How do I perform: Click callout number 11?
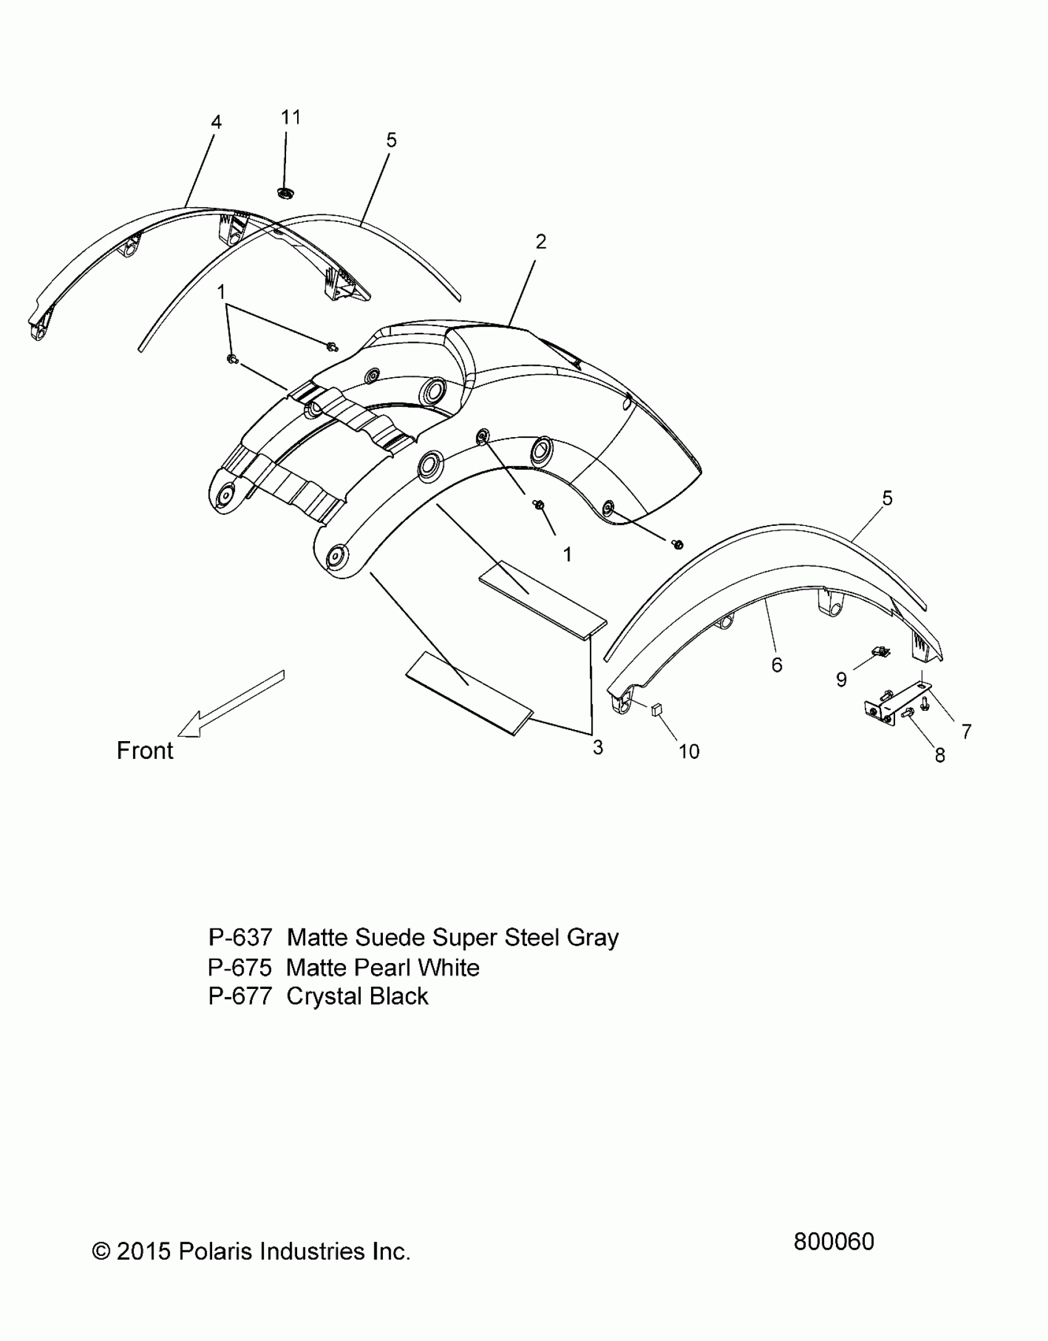pyautogui.click(x=290, y=117)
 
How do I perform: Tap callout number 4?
pyautogui.click(x=216, y=123)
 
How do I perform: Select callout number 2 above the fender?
pyautogui.click(x=541, y=242)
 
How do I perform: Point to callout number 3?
pyautogui.click(x=597, y=748)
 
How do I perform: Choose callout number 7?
pyautogui.click(x=966, y=731)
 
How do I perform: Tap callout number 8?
pyautogui.click(x=940, y=755)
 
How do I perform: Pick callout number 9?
pyautogui.click(x=841, y=679)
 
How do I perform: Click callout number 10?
pyautogui.click(x=689, y=752)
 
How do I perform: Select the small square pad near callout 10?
pyautogui.click(x=656, y=710)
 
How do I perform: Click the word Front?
pyautogui.click(x=145, y=751)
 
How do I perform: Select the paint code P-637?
pyautogui.click(x=240, y=938)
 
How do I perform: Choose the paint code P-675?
pyautogui.click(x=240, y=967)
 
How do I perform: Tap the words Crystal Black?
pyautogui.click(x=357, y=996)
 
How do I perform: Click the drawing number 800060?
pyautogui.click(x=833, y=1242)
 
